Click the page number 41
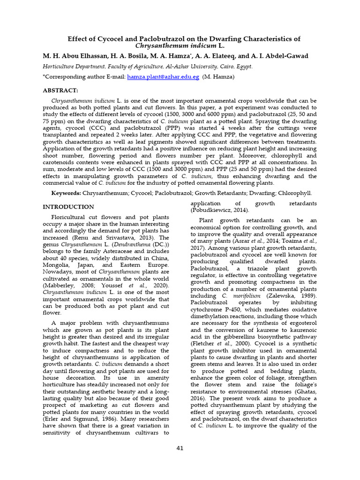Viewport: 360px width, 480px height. point(180,448)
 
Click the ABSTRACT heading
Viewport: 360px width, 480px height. point(60,90)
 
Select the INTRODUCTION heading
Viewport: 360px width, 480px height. point(68,207)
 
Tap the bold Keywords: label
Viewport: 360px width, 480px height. point(66,193)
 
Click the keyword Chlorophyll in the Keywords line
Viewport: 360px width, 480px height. point(294,193)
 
